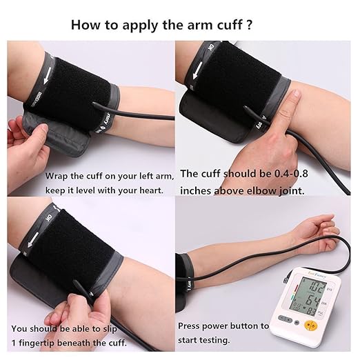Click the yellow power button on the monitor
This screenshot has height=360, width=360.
click(310, 325)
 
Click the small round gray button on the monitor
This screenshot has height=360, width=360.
click(297, 323)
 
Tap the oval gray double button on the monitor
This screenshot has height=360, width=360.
click(285, 319)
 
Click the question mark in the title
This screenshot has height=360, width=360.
click(249, 25)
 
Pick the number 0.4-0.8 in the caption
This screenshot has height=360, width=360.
click(291, 174)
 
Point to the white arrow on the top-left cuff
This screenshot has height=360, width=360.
click(47, 75)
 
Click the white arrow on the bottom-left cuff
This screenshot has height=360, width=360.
click(32, 240)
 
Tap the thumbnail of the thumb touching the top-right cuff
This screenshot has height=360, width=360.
click(296, 94)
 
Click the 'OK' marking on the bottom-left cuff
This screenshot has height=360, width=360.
click(50, 217)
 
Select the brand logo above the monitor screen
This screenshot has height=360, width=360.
click(317, 277)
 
